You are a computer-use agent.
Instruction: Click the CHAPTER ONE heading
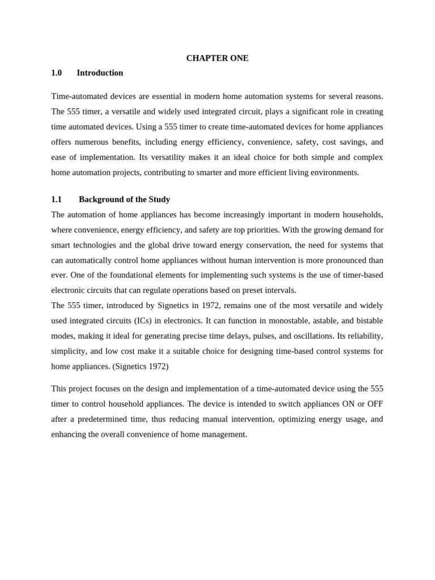[217, 58]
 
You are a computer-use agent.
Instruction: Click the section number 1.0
[56, 73]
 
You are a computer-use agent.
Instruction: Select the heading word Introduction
[100, 73]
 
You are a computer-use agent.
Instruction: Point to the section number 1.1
[56, 199]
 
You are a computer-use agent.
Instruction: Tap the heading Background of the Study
[124, 199]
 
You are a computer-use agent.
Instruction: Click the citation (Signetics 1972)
[140, 366]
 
